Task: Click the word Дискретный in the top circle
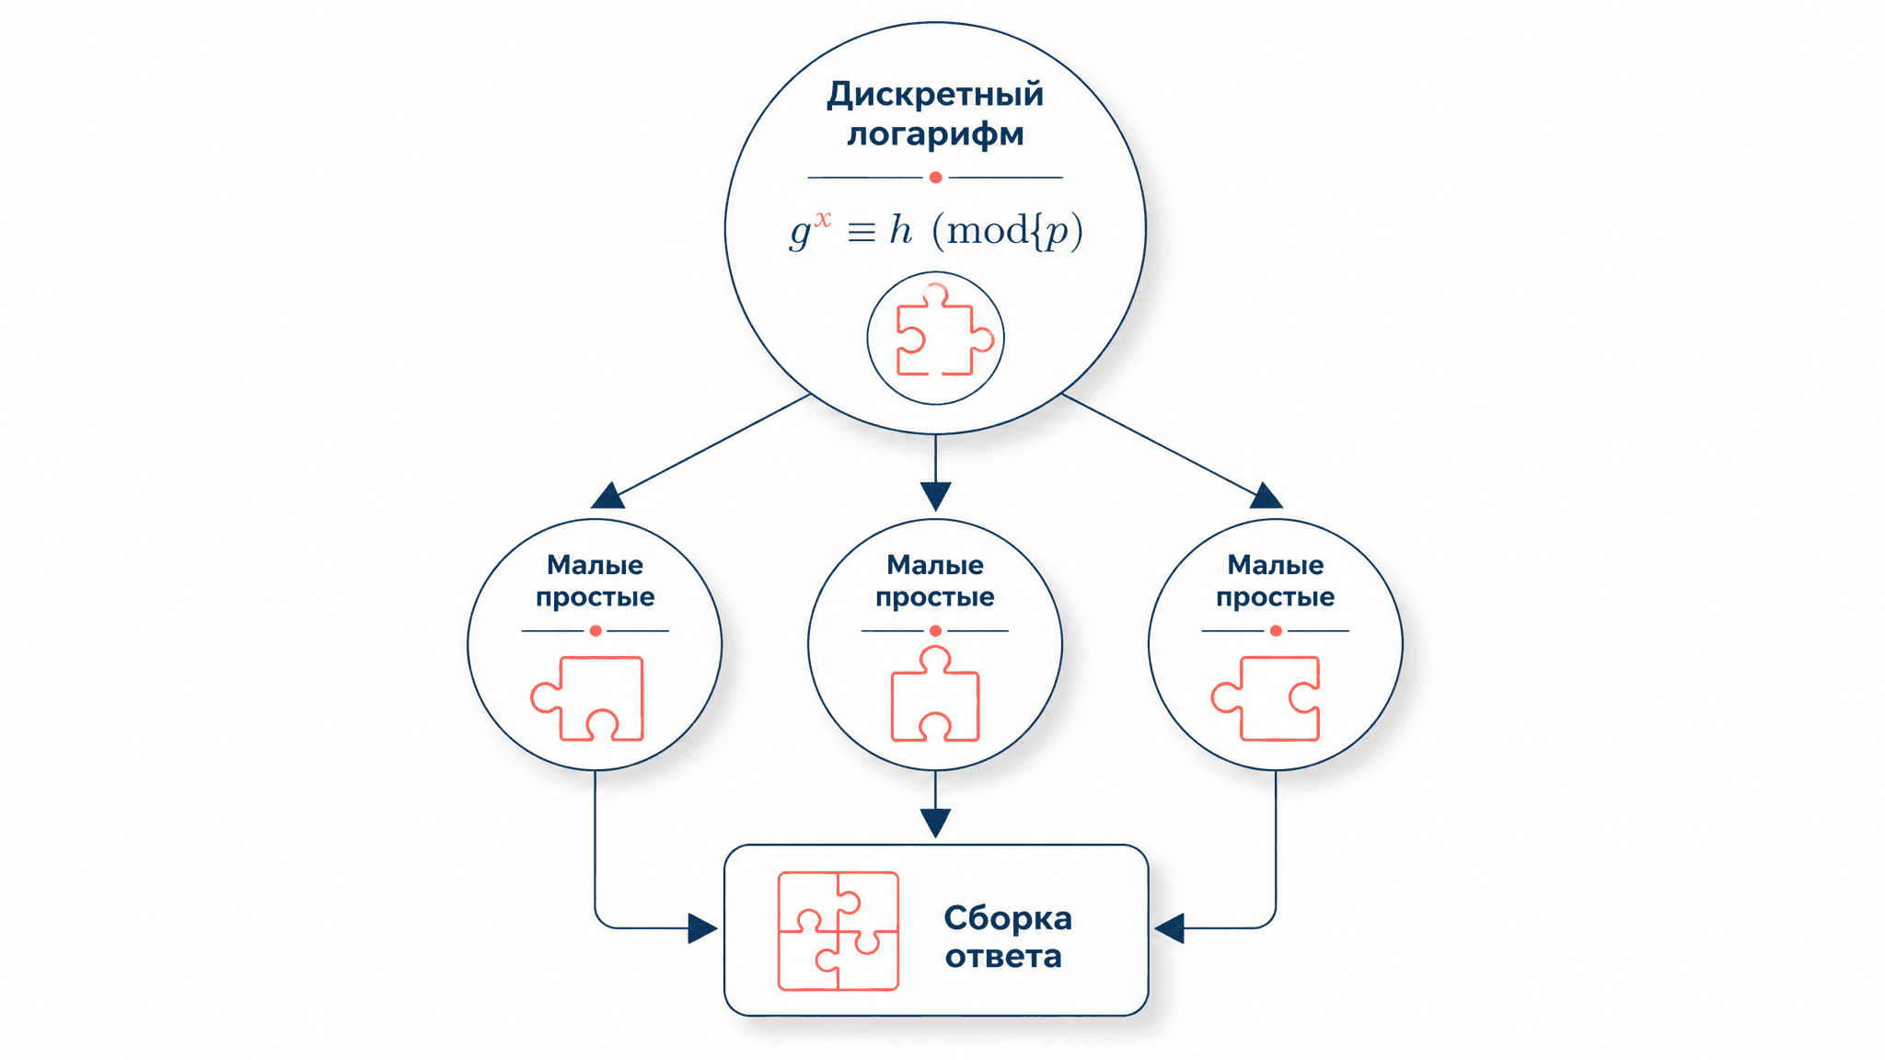935,95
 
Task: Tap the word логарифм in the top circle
935,134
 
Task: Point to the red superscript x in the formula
823,219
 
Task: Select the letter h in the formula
901,229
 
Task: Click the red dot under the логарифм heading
935,177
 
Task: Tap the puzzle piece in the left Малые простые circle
587,698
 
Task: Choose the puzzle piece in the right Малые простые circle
1266,698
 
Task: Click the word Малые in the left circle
595,565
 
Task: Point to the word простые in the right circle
1275,598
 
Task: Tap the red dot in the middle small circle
935,631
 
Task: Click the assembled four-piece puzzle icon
838,931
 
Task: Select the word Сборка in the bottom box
1008,918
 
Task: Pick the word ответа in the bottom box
1003,957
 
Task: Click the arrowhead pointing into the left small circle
607,497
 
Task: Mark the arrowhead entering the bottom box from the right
1169,928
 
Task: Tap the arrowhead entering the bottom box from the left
703,928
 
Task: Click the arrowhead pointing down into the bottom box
935,823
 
